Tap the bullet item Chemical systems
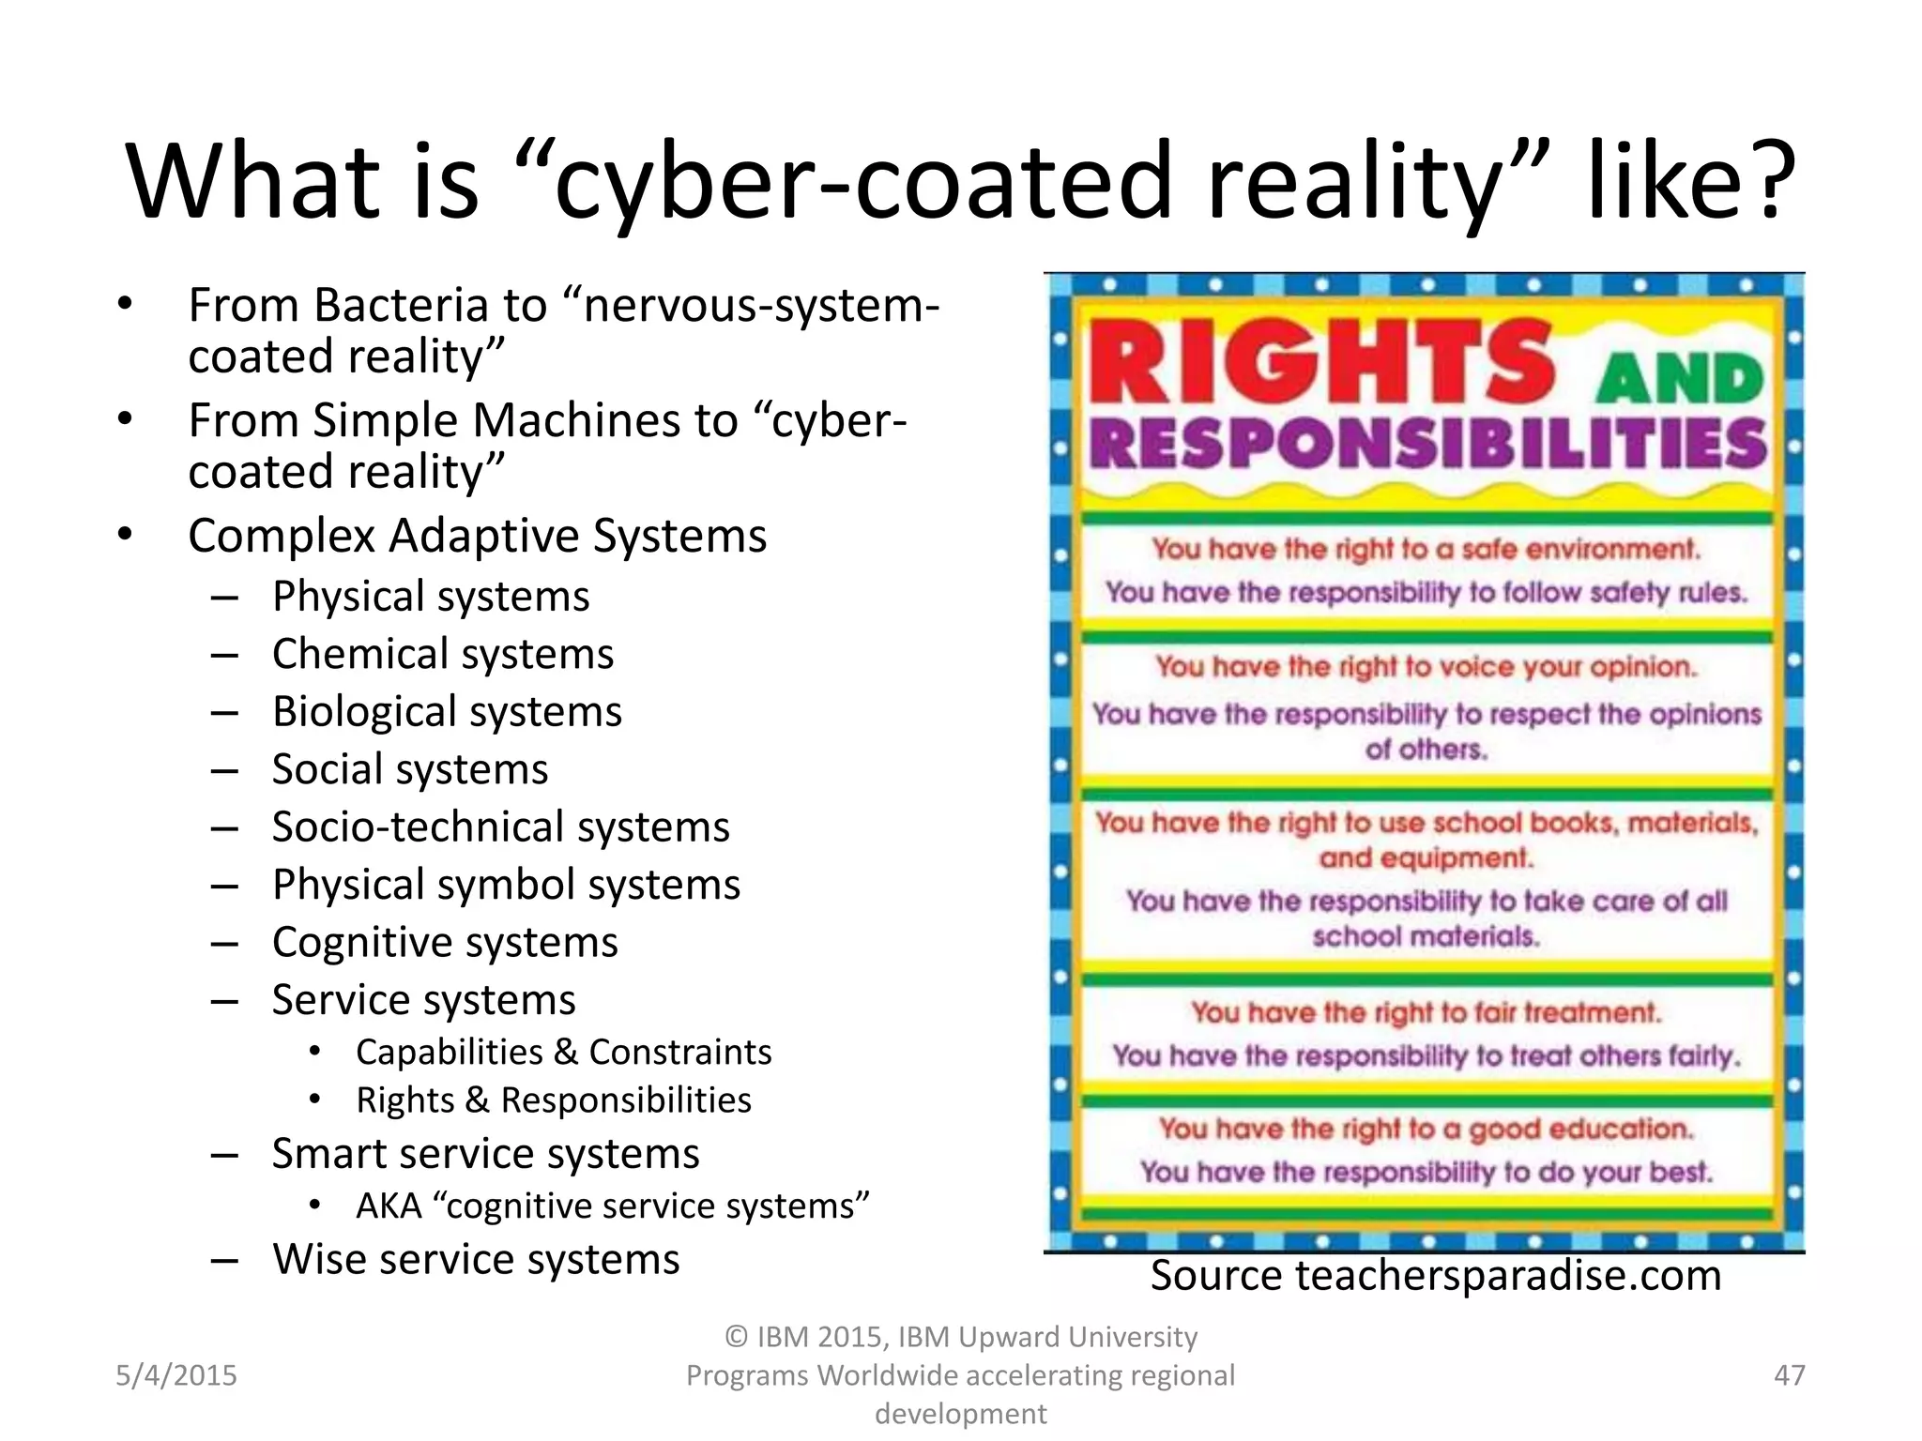click(442, 654)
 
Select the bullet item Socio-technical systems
click(500, 827)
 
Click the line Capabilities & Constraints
click(563, 1053)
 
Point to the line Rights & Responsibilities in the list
click(554, 1100)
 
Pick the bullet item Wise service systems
click(476, 1260)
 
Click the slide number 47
click(1789, 1375)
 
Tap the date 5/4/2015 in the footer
click(176, 1375)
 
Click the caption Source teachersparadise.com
click(1436, 1276)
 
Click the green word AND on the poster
click(1680, 380)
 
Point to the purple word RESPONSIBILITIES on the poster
click(1426, 445)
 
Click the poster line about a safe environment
click(1426, 549)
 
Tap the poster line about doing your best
click(1426, 1173)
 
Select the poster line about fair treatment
click(1426, 1013)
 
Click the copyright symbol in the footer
click(737, 1337)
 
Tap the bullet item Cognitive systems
click(445, 943)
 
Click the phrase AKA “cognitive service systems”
click(612, 1206)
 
